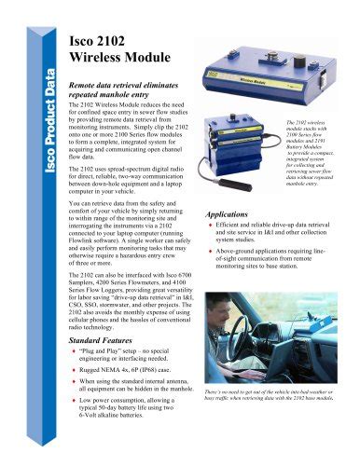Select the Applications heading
[x=232, y=213]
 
